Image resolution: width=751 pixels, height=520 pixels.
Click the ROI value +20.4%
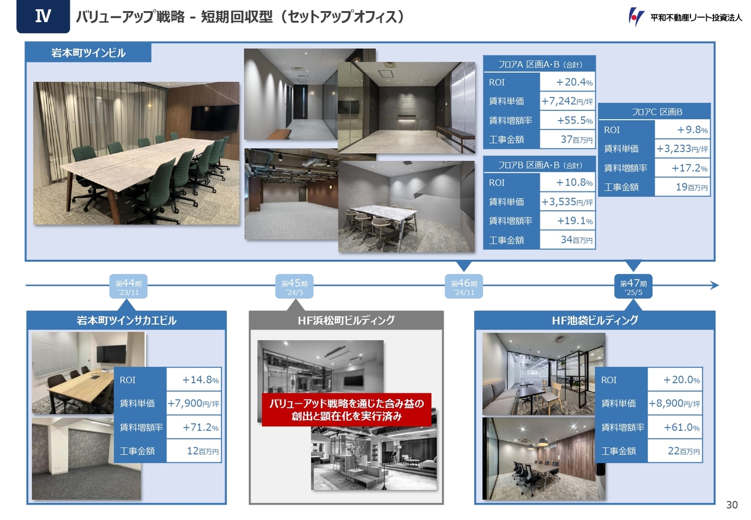574,82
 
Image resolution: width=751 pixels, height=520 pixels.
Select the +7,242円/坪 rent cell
567,101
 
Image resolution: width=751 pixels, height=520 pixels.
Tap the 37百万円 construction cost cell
567,139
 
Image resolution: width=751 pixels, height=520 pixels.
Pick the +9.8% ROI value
692,130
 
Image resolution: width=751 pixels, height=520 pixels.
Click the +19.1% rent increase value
574,221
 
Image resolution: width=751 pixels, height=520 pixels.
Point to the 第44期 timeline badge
128,286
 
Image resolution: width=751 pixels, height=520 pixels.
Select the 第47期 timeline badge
633,286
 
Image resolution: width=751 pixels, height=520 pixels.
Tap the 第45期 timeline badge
295,286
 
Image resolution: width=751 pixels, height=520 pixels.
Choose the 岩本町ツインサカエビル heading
126,320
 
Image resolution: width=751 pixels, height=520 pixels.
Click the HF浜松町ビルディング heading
346,320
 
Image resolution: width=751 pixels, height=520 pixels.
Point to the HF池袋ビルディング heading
595,320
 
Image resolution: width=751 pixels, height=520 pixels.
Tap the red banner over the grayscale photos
346,410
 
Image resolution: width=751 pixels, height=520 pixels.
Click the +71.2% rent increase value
201,427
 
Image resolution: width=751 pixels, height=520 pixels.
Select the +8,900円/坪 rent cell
675,403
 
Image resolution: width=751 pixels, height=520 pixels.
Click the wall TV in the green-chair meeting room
215,118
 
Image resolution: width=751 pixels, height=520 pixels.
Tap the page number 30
732,505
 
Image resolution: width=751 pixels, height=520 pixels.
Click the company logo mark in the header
636,17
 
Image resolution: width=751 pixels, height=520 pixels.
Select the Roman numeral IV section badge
43,16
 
